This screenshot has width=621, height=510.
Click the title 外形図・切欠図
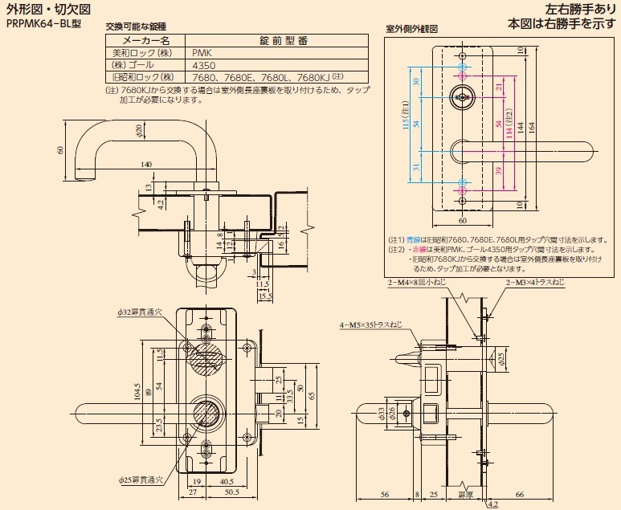[x=47, y=9]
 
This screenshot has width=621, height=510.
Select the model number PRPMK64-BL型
[x=44, y=23]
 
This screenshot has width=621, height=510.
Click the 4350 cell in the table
[x=205, y=64]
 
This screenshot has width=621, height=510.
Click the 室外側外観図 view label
[x=411, y=28]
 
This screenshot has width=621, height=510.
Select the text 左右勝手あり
[x=568, y=9]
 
